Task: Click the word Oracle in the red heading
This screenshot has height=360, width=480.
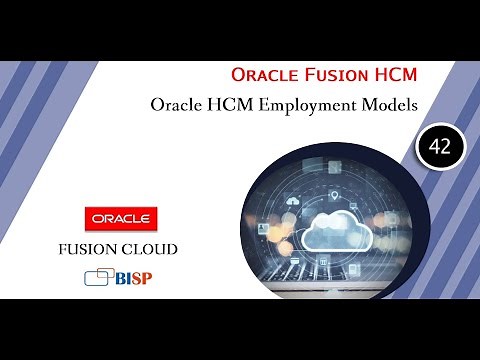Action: point(263,74)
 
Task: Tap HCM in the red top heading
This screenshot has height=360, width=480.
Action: point(391,74)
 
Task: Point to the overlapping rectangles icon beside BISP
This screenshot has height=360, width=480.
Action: point(97,275)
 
